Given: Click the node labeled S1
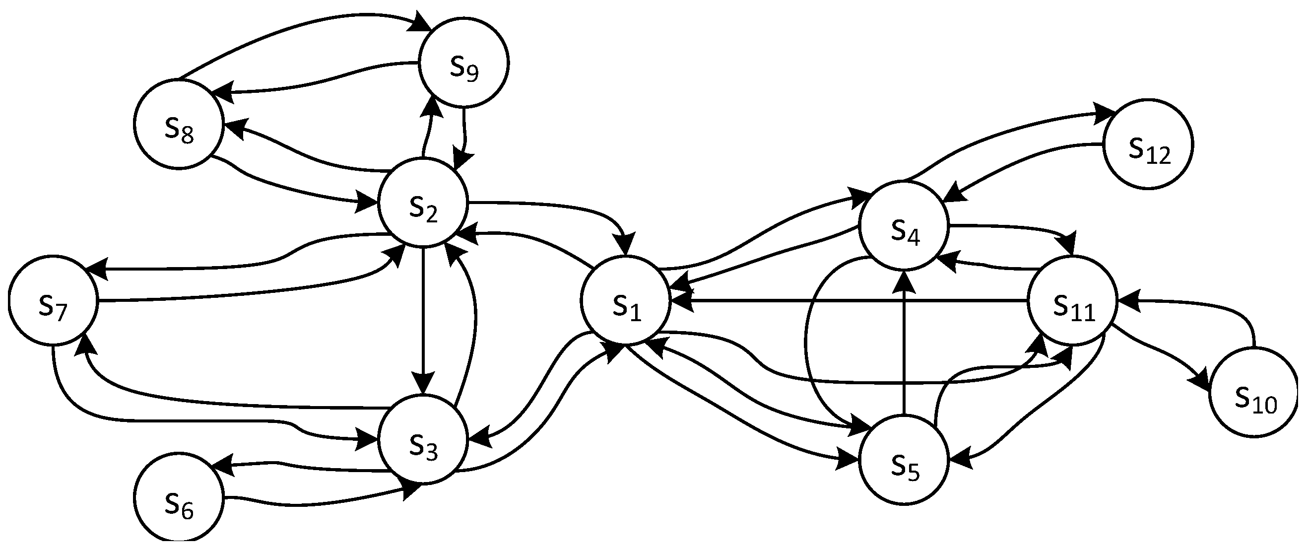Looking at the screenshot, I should (626, 300).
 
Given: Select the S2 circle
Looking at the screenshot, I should (423, 202).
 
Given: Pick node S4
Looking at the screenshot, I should (904, 225).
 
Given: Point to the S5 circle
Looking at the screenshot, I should (904, 460).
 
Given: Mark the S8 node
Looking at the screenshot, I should (179, 124).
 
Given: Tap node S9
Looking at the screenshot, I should (463, 64).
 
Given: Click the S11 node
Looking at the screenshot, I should (1073, 300).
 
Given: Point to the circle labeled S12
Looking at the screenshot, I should (1148, 144).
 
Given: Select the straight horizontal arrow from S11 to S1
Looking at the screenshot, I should (849, 301).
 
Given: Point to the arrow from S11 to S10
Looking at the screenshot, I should (1159, 356).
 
